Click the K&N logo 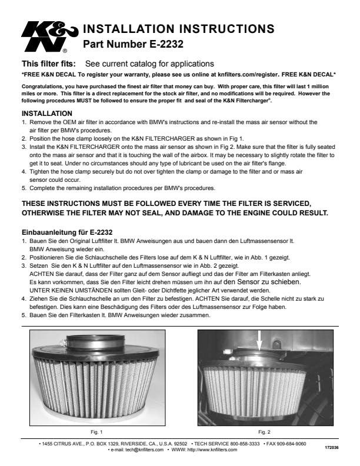[x=49, y=36]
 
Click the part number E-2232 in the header [x=166, y=44]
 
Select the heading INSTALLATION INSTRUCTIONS [x=178, y=28]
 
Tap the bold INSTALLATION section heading [x=47, y=114]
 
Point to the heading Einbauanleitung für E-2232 [x=67, y=232]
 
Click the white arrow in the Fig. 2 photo [x=259, y=341]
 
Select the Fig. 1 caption [x=96, y=432]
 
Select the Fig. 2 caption [x=264, y=432]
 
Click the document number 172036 [x=332, y=447]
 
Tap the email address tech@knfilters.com [x=144, y=450]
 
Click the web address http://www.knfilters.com [x=212, y=450]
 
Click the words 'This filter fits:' [x=49, y=64]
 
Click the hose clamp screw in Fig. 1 [x=62, y=342]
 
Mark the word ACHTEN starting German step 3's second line [x=42, y=274]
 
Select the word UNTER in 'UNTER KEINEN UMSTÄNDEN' [x=39, y=290]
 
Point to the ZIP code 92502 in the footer [x=181, y=444]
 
